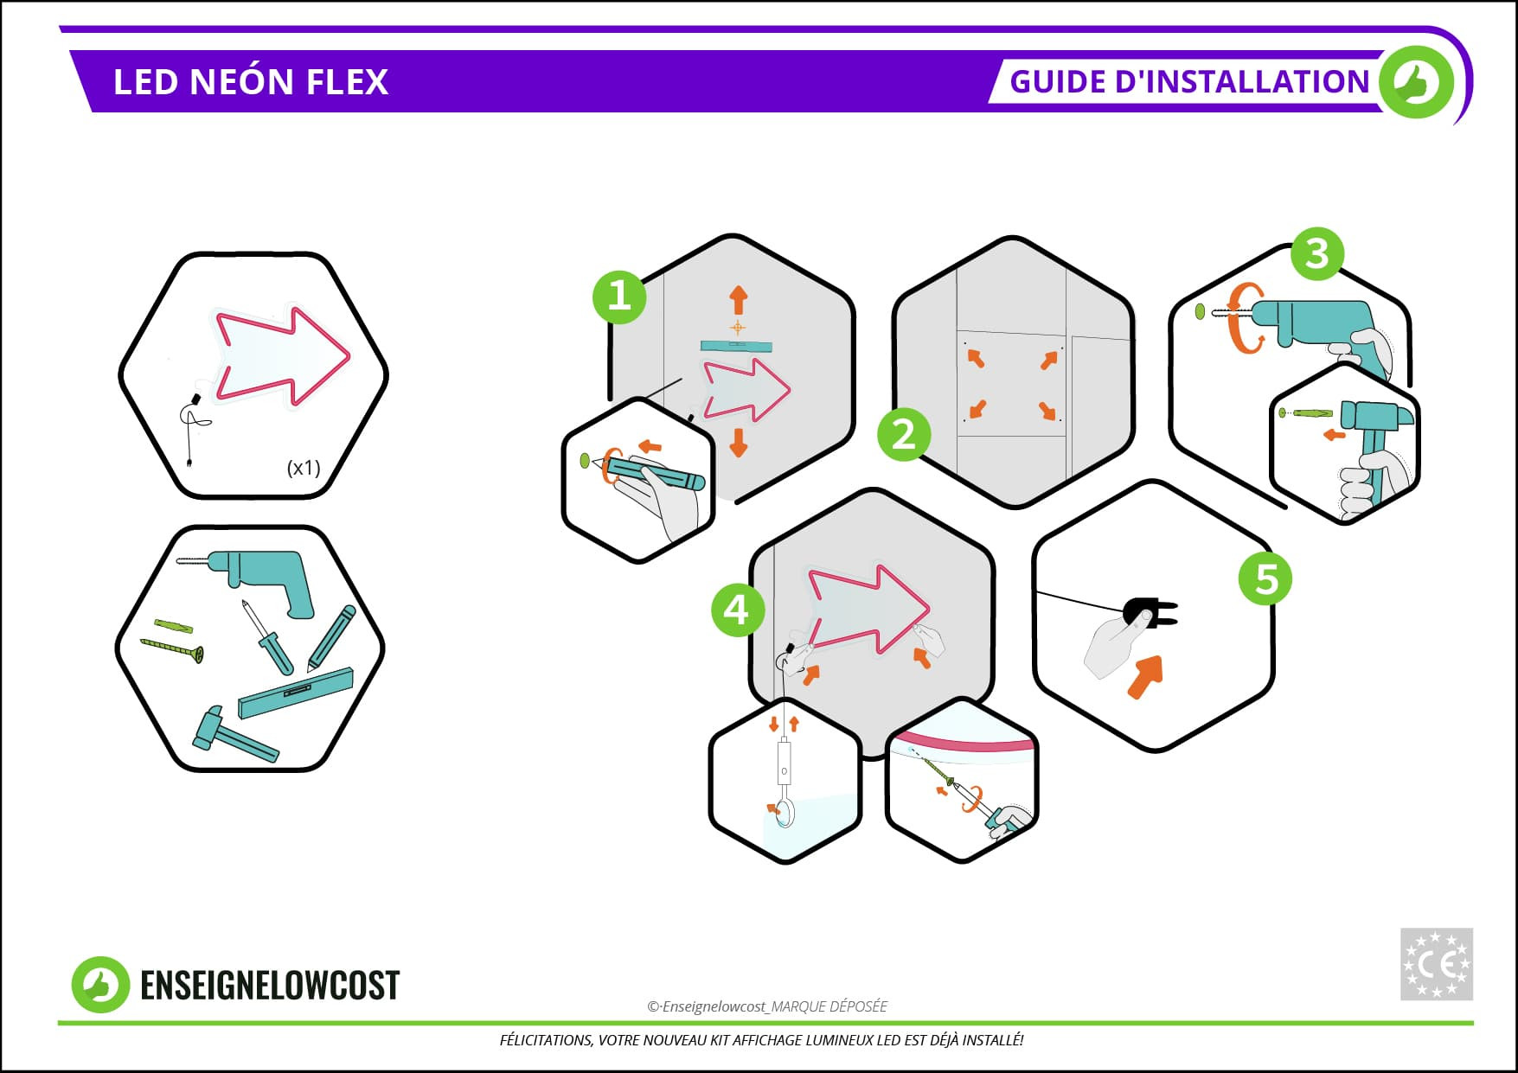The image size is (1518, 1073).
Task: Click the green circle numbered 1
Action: tap(619, 297)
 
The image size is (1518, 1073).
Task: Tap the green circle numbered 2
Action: tap(904, 434)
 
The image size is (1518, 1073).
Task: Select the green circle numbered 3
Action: tap(1316, 253)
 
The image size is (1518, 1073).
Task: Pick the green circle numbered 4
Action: tap(737, 610)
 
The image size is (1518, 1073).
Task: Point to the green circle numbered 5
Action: tap(1265, 578)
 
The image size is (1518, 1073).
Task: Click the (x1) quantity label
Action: tap(304, 468)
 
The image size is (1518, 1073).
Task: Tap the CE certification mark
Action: tap(1436, 964)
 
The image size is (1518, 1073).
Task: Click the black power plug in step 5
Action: tap(1150, 612)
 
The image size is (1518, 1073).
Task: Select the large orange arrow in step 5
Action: tap(1146, 675)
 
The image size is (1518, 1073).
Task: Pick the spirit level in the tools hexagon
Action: tap(296, 693)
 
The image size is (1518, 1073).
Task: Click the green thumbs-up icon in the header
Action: tap(1417, 82)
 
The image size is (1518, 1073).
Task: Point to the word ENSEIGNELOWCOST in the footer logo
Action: tap(270, 986)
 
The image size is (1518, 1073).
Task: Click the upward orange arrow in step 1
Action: tap(738, 300)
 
